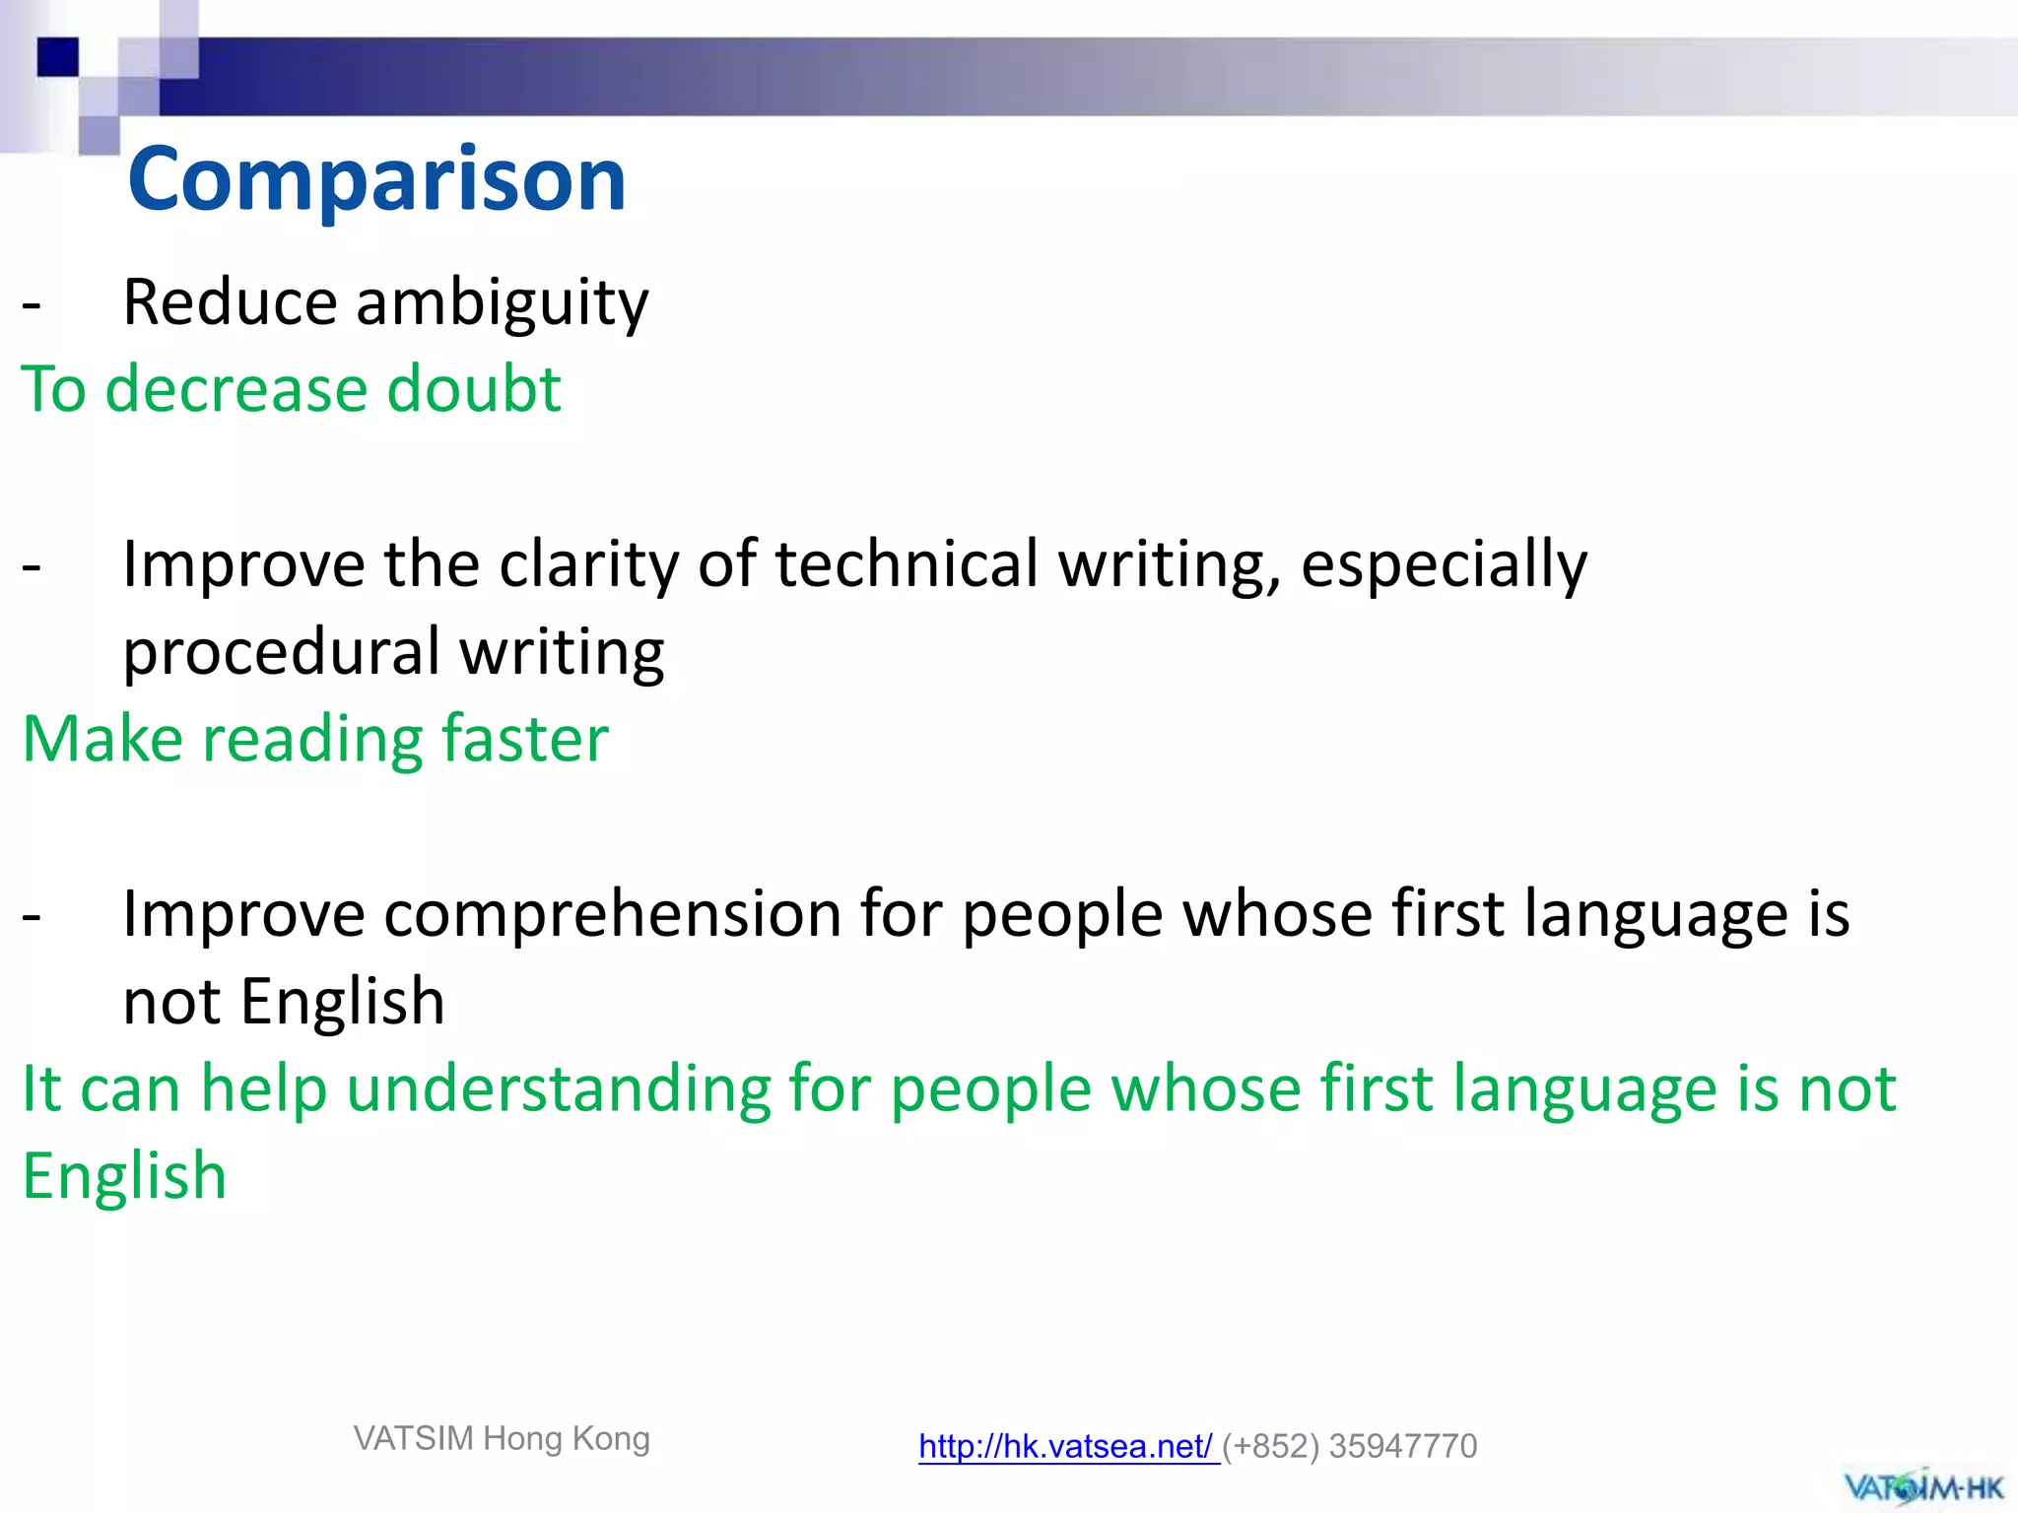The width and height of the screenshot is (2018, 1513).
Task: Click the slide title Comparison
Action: coord(376,179)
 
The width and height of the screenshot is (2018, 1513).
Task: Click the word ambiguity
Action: coord(502,302)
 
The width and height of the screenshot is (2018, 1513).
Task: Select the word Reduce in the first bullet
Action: coord(230,302)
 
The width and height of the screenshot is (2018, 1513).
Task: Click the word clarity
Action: coord(588,564)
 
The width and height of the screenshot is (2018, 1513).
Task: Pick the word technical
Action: coord(907,564)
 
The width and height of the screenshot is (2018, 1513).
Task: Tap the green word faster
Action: coord(524,739)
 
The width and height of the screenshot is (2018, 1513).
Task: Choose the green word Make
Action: coord(102,739)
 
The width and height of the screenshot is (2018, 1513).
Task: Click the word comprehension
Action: coord(613,915)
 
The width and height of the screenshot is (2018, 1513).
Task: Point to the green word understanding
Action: coord(558,1090)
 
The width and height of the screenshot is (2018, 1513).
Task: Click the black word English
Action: coord(342,1002)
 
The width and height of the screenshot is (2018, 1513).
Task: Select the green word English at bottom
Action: coord(124,1177)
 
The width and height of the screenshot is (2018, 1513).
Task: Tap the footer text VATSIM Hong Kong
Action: coord(502,1438)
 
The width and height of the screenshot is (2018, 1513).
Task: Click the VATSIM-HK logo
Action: coord(1922,1485)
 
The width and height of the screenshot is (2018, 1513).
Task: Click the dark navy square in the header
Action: coord(57,56)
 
